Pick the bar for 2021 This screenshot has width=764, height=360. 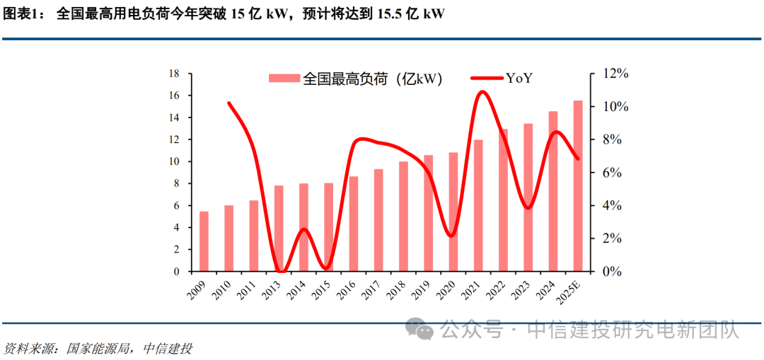(x=478, y=206)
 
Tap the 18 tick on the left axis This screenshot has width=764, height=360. (x=174, y=74)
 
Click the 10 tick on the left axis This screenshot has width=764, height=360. (x=174, y=161)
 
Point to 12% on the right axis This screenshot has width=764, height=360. (x=615, y=74)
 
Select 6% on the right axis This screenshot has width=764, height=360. (x=612, y=173)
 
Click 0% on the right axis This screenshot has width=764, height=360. (x=612, y=272)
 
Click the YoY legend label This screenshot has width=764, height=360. (x=519, y=79)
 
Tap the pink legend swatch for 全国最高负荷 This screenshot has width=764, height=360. (x=284, y=79)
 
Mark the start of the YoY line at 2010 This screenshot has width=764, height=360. (x=228, y=103)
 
